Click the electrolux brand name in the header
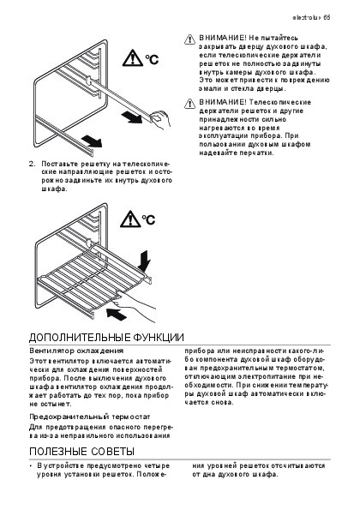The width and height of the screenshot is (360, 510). pos(306,17)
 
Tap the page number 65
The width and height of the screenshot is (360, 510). pos(327,17)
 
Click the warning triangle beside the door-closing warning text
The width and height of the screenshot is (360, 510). pos(189,39)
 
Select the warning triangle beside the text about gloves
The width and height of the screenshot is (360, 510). pos(189,104)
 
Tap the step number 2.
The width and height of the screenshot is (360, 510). pos(32,164)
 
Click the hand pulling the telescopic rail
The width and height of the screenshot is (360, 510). pos(160,119)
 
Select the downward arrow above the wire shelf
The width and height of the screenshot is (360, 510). pos(144,261)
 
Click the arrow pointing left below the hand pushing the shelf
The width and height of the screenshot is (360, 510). pos(117,314)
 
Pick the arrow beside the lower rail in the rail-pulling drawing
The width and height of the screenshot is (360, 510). pos(92,141)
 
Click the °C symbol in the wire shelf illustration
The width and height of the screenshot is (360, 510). pos(148,219)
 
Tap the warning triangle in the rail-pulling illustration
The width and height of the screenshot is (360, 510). pos(133,58)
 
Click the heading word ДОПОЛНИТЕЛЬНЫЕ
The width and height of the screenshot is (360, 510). pos(80,338)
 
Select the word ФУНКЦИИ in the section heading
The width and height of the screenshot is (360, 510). pos(159,338)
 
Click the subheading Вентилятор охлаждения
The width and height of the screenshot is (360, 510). pos(76,351)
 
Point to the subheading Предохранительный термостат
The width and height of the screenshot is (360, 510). pos(90,417)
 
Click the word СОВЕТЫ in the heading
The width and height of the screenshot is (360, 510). pos(112,452)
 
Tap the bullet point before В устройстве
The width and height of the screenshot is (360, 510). pos(31,466)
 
